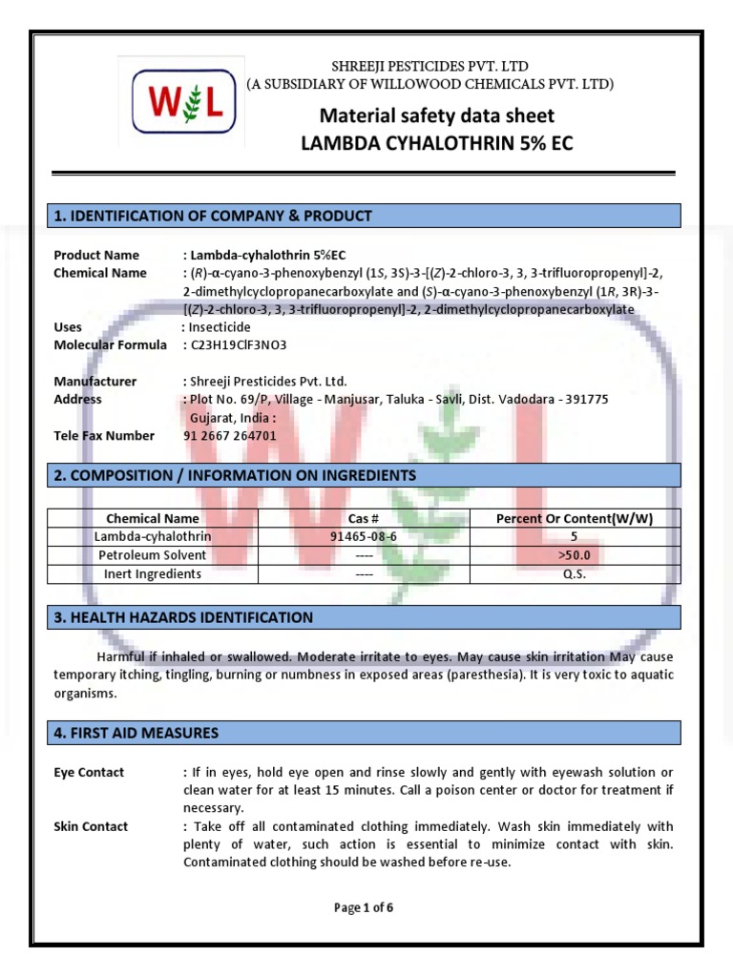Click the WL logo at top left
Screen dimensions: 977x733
pos(181,102)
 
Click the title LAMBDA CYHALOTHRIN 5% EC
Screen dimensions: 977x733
pos(437,143)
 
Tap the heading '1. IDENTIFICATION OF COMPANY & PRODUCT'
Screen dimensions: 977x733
pos(213,216)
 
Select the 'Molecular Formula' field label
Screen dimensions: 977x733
pos(110,345)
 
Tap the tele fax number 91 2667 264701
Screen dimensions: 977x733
pos(229,436)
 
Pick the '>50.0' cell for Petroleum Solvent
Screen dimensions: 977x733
pos(575,555)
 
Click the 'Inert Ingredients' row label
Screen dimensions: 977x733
pos(153,574)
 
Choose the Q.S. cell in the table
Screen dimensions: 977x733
pos(575,574)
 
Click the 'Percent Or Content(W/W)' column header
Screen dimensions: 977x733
pos(575,518)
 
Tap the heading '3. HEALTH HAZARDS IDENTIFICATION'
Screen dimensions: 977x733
pos(183,617)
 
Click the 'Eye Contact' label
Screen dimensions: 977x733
pos(89,772)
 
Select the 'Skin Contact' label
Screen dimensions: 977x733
pos(91,826)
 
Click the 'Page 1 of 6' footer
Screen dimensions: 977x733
pos(364,908)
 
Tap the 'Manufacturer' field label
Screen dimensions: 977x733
pos(94,382)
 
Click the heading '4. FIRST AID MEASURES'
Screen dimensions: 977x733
pos(136,733)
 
